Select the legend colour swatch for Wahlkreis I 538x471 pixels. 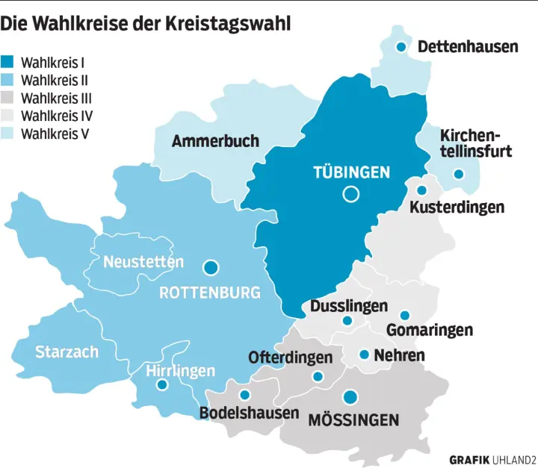click(x=8, y=62)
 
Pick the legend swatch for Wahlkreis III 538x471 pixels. click(x=8, y=98)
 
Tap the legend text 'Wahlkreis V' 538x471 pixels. click(x=56, y=134)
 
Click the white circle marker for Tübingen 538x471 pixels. click(x=350, y=195)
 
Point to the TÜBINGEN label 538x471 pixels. click(x=351, y=172)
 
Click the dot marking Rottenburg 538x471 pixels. click(x=211, y=266)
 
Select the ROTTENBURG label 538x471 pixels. click(x=210, y=293)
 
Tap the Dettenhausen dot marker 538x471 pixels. click(x=401, y=47)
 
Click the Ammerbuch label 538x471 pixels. click(x=215, y=140)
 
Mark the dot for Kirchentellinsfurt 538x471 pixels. click(x=459, y=174)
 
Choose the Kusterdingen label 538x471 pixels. click(x=457, y=208)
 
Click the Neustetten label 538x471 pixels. click(x=143, y=262)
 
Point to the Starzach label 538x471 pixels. click(x=67, y=351)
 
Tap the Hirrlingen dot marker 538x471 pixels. click(x=161, y=386)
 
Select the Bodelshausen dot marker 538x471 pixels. click(x=244, y=396)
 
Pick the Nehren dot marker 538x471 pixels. click(x=364, y=355)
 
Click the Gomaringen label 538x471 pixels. click(x=430, y=330)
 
